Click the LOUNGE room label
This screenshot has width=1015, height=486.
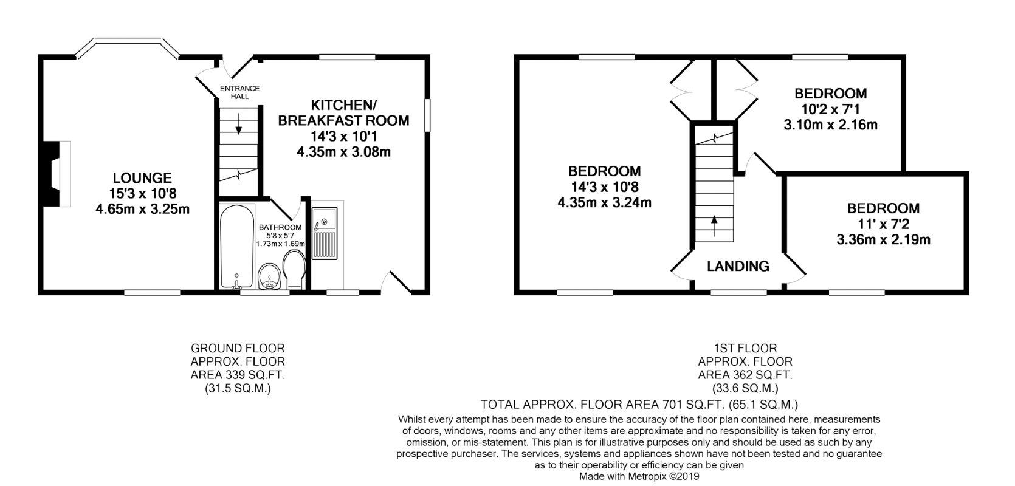click(142, 177)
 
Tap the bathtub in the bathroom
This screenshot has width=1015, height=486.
click(236, 246)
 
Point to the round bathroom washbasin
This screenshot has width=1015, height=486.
click(270, 276)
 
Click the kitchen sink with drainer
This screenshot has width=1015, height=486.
click(325, 233)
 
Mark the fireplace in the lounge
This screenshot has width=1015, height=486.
click(54, 174)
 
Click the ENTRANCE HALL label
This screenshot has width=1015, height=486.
click(239, 92)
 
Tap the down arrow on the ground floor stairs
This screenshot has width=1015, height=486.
click(239, 124)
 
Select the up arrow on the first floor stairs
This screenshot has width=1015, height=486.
click(715, 226)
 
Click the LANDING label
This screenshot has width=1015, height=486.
click(738, 266)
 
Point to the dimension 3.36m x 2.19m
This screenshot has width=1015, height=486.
click(883, 239)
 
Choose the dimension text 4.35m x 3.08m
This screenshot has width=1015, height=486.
click(343, 152)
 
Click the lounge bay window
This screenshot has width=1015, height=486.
click(127, 49)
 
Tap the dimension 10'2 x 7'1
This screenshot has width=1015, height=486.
click(831, 109)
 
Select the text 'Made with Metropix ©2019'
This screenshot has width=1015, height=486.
click(639, 476)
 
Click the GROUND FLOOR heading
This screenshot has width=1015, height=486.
click(238, 348)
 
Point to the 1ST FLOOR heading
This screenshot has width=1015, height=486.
click(745, 348)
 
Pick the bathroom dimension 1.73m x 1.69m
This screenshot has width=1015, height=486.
click(280, 244)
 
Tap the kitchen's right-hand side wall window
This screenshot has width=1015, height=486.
click(427, 115)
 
